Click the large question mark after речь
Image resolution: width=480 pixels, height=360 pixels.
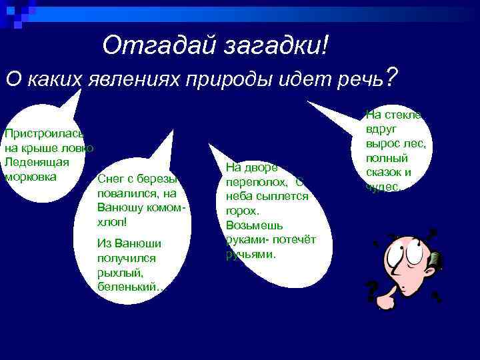(x=393, y=77)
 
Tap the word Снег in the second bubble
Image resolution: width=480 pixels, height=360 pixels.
(x=110, y=178)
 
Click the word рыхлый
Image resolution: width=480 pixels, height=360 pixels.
(x=117, y=272)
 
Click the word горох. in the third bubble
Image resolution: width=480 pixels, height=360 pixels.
(x=242, y=211)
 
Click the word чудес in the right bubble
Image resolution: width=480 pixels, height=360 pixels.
(x=382, y=187)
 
